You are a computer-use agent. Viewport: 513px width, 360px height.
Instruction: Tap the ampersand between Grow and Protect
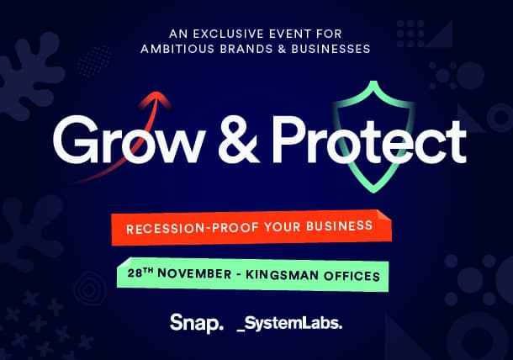pyautogui.click(x=239, y=140)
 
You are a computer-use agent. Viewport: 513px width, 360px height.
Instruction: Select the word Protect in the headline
pyautogui.click(x=370, y=140)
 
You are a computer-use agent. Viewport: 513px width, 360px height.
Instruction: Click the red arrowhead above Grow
pyautogui.click(x=156, y=98)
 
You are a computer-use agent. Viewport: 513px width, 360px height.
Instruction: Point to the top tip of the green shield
pyautogui.click(x=373, y=82)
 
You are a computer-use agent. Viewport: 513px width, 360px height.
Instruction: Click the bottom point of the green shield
pyautogui.click(x=374, y=192)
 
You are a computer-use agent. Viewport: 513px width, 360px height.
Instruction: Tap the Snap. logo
pyautogui.click(x=197, y=323)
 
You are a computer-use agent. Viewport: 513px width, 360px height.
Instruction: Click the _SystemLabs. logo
pyautogui.click(x=289, y=324)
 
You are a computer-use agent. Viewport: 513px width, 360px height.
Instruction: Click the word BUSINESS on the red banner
pyautogui.click(x=339, y=225)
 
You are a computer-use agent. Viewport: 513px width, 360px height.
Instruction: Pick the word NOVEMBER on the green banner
pyautogui.click(x=194, y=273)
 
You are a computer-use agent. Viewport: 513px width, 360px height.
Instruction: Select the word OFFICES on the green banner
pyautogui.click(x=352, y=276)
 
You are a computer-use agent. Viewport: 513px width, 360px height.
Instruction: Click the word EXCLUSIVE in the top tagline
pyautogui.click(x=229, y=34)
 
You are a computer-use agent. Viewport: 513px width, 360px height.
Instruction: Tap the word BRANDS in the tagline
pyautogui.click(x=246, y=49)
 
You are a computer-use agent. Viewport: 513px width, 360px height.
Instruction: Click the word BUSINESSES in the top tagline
pyautogui.click(x=331, y=49)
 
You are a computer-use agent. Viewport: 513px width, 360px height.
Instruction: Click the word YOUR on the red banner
pyautogui.click(x=283, y=227)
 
